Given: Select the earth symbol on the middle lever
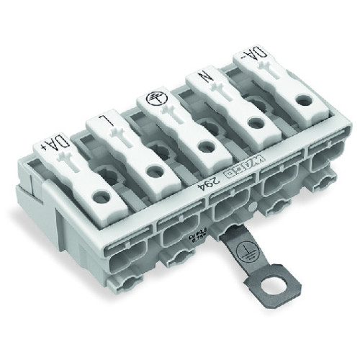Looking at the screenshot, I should click(153, 101).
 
